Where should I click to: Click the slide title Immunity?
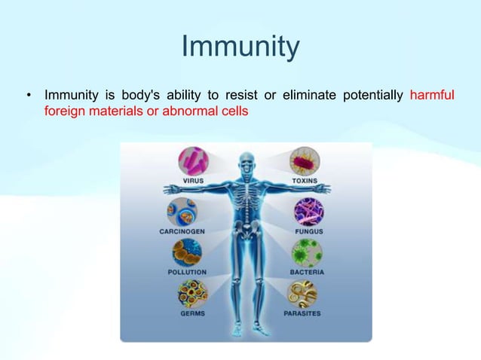click(240, 47)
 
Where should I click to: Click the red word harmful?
click(431, 96)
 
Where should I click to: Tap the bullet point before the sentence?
click(28, 96)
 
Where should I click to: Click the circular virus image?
click(193, 161)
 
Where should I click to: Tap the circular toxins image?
click(305, 161)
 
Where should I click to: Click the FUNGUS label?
click(308, 231)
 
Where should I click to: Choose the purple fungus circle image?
click(308, 212)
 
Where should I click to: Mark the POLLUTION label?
click(185, 271)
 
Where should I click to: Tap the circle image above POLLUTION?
click(185, 253)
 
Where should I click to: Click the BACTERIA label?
click(308, 271)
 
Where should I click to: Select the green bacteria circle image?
click(308, 253)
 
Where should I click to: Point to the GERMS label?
click(191, 313)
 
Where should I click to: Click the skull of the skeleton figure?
click(247, 161)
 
